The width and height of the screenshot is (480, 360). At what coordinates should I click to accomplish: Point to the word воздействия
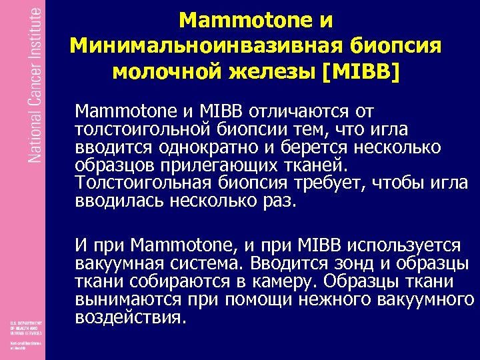(x=129, y=317)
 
